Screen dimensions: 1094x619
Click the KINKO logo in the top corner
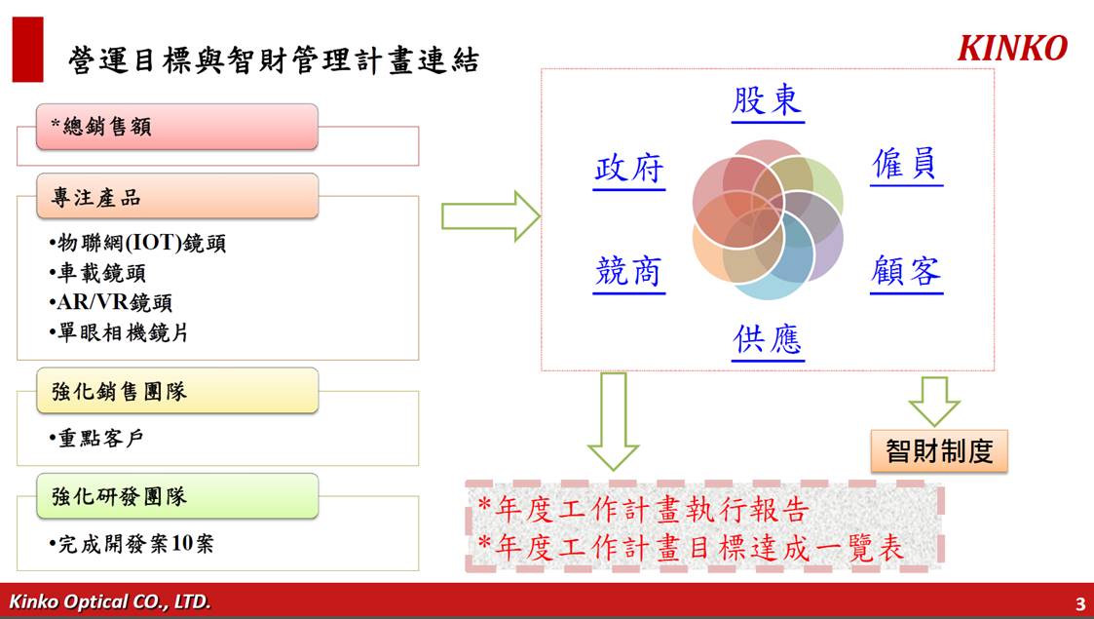pyautogui.click(x=1012, y=48)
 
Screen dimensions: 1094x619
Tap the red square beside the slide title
pyautogui.click(x=28, y=50)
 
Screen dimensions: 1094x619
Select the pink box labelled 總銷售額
pyautogui.click(x=177, y=127)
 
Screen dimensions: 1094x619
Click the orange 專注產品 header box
pyautogui.click(x=177, y=196)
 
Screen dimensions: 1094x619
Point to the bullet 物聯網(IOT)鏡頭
pyautogui.click(x=137, y=243)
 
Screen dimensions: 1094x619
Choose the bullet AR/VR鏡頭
pyautogui.click(x=110, y=302)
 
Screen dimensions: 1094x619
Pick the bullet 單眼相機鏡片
pyautogui.click(x=119, y=332)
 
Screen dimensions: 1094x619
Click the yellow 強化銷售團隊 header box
pyautogui.click(x=177, y=391)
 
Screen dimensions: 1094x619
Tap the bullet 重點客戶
pyautogui.click(x=96, y=438)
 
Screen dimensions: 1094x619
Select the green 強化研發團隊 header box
pyautogui.click(x=177, y=496)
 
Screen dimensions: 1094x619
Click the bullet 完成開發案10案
pyautogui.click(x=132, y=544)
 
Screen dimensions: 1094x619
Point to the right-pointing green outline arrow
pyautogui.click(x=490, y=216)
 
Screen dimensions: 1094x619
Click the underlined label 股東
pyautogui.click(x=768, y=102)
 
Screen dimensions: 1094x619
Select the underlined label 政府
pyautogui.click(x=628, y=170)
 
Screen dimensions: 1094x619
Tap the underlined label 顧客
pyautogui.click(x=906, y=272)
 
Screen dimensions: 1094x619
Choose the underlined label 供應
pyautogui.click(x=768, y=340)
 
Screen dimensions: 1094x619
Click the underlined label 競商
pyautogui.click(x=628, y=272)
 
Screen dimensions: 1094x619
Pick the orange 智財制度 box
pyautogui.click(x=939, y=450)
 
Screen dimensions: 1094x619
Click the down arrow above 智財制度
pyautogui.click(x=934, y=402)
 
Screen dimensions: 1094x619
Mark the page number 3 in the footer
pyautogui.click(x=1080, y=603)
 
